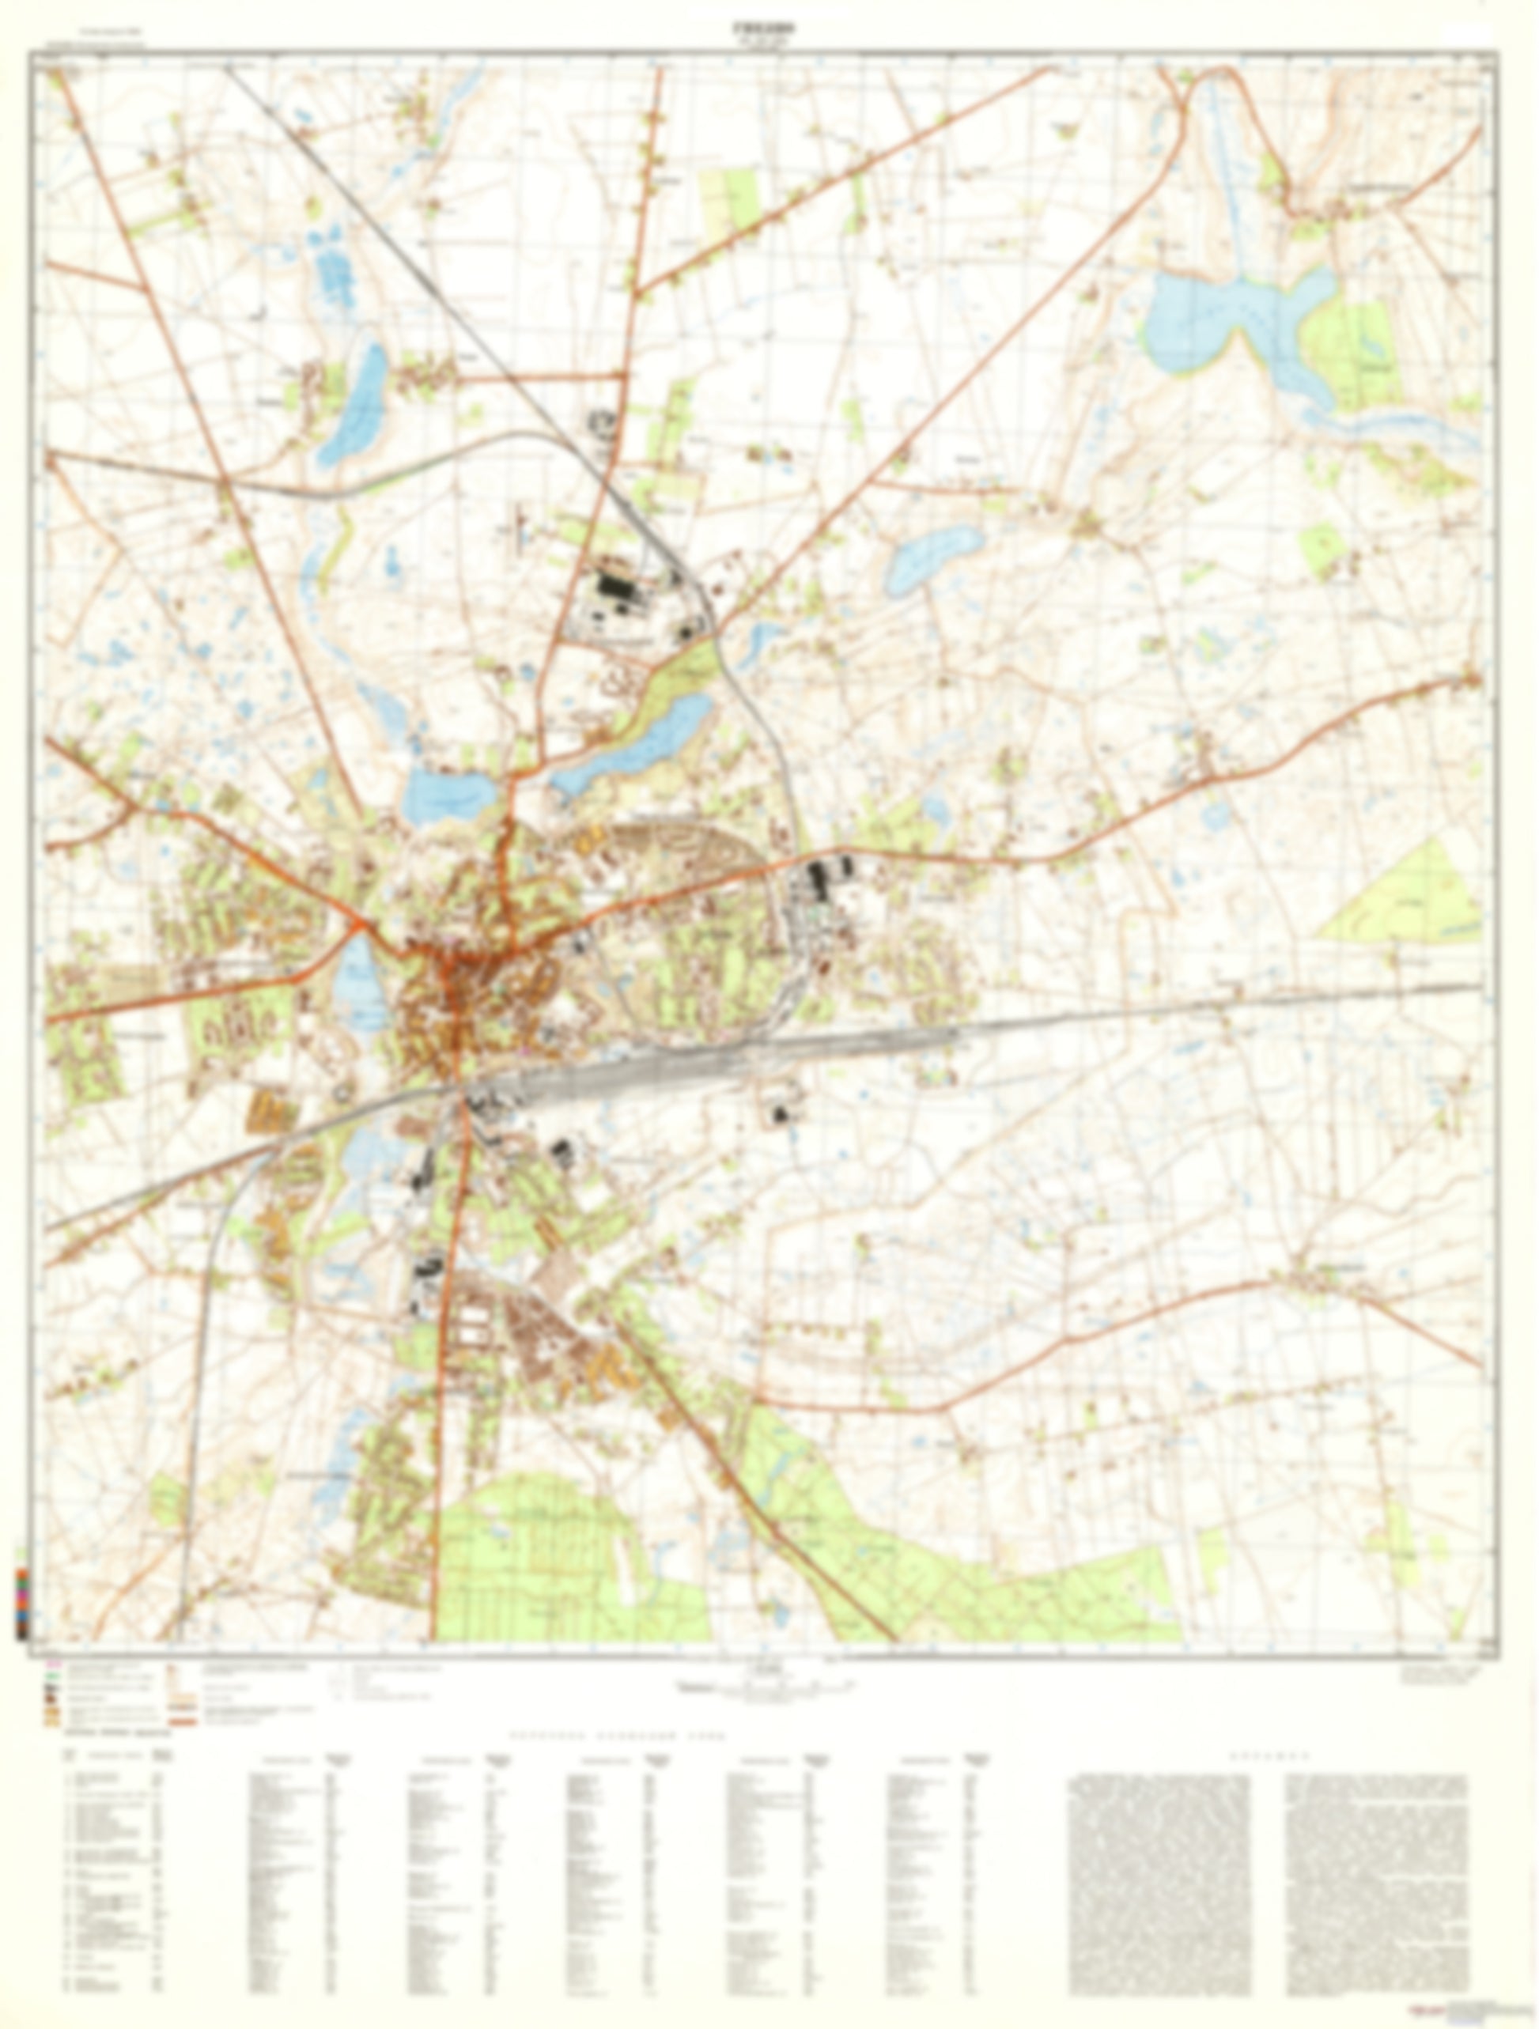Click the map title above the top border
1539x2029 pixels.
[769, 29]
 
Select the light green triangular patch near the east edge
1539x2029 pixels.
[1412, 894]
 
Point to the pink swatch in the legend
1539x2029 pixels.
[53, 1663]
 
